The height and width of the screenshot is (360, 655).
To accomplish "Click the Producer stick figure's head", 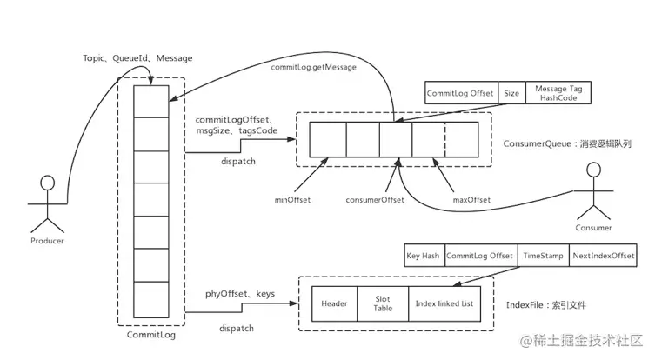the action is [x=48, y=183].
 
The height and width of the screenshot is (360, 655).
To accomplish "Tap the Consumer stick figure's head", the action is [x=593, y=170].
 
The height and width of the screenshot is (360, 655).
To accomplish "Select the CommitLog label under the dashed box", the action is [x=151, y=335].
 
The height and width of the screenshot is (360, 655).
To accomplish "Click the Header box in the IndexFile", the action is [x=335, y=303].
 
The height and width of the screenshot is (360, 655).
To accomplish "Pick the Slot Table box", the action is [x=383, y=303].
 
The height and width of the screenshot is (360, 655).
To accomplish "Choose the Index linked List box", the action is [x=444, y=303].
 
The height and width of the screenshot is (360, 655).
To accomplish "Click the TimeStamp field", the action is [x=544, y=255].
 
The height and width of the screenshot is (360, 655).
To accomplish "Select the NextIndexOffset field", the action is [x=603, y=255].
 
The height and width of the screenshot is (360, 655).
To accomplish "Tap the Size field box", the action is [x=511, y=93].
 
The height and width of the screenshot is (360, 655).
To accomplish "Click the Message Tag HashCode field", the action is [x=558, y=93].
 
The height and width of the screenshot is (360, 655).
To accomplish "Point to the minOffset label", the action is [x=292, y=200].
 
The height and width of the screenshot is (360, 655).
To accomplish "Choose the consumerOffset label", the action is [x=375, y=200].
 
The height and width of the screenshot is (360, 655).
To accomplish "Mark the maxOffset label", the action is [x=471, y=200].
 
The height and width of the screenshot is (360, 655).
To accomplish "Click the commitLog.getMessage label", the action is [x=314, y=67].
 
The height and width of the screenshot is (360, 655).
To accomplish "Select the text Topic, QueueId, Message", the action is [x=137, y=58].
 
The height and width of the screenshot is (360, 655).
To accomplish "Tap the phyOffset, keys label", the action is [x=240, y=294].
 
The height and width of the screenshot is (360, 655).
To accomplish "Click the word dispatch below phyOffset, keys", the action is [x=237, y=329].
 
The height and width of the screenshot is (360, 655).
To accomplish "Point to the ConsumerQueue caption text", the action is [x=567, y=143].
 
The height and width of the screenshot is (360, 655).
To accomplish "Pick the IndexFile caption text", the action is [x=546, y=305].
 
